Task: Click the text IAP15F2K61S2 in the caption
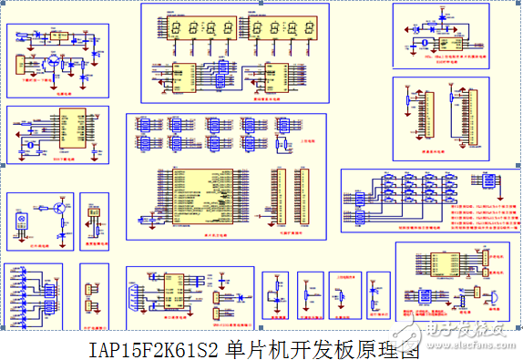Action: click(x=155, y=348)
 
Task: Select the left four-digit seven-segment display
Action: click(x=195, y=29)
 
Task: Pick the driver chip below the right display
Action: click(x=272, y=78)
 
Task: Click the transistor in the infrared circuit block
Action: click(x=56, y=208)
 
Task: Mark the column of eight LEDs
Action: click(x=20, y=293)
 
